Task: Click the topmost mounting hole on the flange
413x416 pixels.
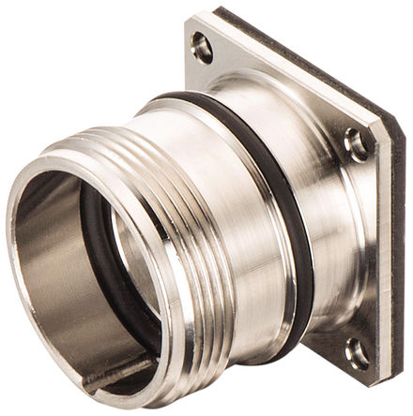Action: (202, 43)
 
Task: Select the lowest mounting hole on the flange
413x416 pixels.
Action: (357, 352)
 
